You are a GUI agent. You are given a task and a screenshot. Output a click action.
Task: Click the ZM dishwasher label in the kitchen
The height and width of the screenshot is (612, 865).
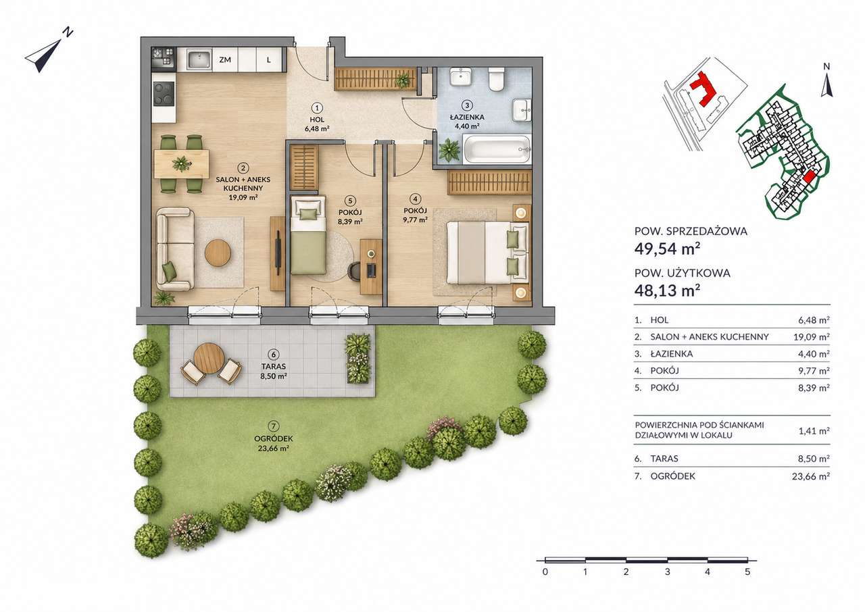[225, 60]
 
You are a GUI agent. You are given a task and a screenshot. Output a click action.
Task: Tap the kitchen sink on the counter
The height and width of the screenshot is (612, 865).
[199, 60]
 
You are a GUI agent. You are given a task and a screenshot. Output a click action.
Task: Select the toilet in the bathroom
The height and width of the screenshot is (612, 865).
[497, 79]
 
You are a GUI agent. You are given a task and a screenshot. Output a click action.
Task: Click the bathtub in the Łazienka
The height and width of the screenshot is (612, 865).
[497, 149]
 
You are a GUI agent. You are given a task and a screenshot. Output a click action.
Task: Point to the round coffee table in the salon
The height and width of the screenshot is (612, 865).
[218, 253]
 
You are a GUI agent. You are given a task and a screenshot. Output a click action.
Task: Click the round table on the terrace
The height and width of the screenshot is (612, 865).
[209, 358]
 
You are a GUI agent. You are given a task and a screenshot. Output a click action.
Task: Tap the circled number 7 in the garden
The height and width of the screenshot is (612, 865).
[274, 426]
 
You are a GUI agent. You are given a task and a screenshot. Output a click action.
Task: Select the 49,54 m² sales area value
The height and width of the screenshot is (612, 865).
[667, 249]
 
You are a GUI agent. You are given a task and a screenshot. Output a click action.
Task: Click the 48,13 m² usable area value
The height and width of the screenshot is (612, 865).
[667, 290]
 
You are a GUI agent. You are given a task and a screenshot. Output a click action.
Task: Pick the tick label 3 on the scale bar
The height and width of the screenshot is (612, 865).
[667, 572]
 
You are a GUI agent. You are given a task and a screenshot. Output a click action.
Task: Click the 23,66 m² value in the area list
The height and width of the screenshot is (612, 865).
[811, 476]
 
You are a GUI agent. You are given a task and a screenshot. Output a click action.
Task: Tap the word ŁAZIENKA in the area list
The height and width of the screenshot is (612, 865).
[672, 354]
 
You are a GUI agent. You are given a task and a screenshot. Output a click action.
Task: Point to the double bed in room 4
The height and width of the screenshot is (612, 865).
[488, 253]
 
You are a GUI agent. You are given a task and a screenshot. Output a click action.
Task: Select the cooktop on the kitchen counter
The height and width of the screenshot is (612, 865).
[164, 94]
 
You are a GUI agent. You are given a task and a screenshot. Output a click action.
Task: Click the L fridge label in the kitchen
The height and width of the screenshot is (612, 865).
[269, 60]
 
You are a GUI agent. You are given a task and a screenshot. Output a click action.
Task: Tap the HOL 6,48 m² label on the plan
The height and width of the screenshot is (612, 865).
[317, 124]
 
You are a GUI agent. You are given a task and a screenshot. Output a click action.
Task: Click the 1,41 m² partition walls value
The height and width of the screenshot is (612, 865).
[814, 431]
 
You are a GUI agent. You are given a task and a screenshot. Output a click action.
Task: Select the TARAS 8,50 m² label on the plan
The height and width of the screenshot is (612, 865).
[274, 371]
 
